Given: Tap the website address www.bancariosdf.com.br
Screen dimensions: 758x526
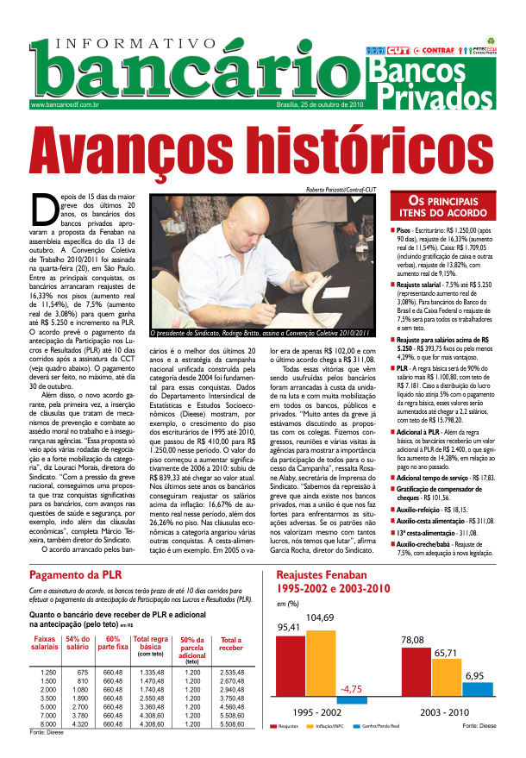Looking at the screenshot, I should pos(65,104).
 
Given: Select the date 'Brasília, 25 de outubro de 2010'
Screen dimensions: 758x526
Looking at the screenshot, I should pos(308,104).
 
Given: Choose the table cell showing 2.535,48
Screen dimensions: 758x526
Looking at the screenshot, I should pos(231,672).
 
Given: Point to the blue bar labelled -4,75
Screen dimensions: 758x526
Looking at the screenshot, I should pos(351,701).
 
